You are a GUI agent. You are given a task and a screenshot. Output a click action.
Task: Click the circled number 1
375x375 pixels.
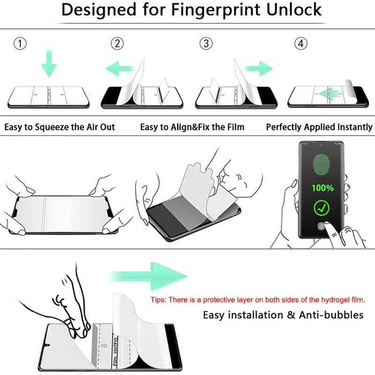coord(19,44)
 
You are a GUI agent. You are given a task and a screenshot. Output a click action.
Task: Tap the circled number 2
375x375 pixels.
coord(117,44)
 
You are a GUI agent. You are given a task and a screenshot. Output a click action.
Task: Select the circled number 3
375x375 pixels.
coord(205,44)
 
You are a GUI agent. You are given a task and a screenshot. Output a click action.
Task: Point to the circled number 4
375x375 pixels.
coord(301,44)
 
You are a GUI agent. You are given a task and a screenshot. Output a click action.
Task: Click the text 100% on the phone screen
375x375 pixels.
coord(323,188)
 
